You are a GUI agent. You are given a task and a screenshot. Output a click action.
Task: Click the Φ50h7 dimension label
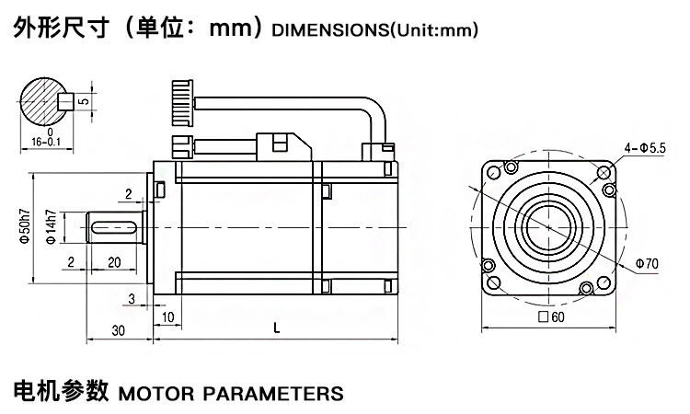point(26,225)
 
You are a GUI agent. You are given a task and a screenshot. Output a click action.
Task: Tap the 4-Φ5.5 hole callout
point(646,148)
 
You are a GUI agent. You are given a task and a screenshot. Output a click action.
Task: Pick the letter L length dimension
point(276,326)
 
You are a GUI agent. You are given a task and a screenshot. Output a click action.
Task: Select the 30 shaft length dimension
point(118,330)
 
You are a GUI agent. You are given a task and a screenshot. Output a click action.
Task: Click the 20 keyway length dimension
point(114,262)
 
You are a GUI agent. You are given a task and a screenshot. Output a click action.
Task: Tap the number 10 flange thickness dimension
point(167,317)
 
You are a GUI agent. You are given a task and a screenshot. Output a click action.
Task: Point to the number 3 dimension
point(132,297)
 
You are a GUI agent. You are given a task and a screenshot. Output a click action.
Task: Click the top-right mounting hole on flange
point(604,171)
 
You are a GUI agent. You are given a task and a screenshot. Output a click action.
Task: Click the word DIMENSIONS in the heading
point(328,30)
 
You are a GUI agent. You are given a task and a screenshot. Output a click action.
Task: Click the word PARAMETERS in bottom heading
point(271,394)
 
